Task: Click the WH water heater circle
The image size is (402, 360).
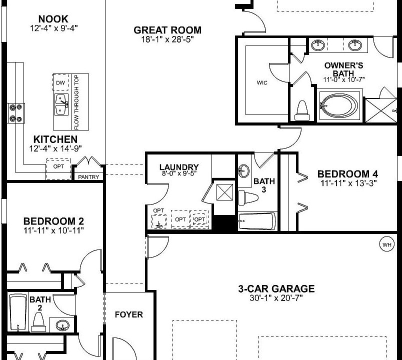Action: tap(386, 244)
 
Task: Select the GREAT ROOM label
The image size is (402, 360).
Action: tap(167, 30)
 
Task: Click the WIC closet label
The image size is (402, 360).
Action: tap(262, 82)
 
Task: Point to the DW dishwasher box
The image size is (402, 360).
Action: tap(60, 82)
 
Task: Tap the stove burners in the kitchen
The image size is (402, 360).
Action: tap(15, 112)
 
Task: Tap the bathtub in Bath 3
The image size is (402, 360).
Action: tap(256, 220)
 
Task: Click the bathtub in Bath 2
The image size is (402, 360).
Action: tap(18, 312)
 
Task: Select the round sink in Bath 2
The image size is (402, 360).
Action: tap(62, 325)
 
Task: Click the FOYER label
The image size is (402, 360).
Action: tap(129, 314)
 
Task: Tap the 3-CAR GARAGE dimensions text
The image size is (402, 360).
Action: tap(276, 298)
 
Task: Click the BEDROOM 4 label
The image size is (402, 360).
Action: tap(347, 173)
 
